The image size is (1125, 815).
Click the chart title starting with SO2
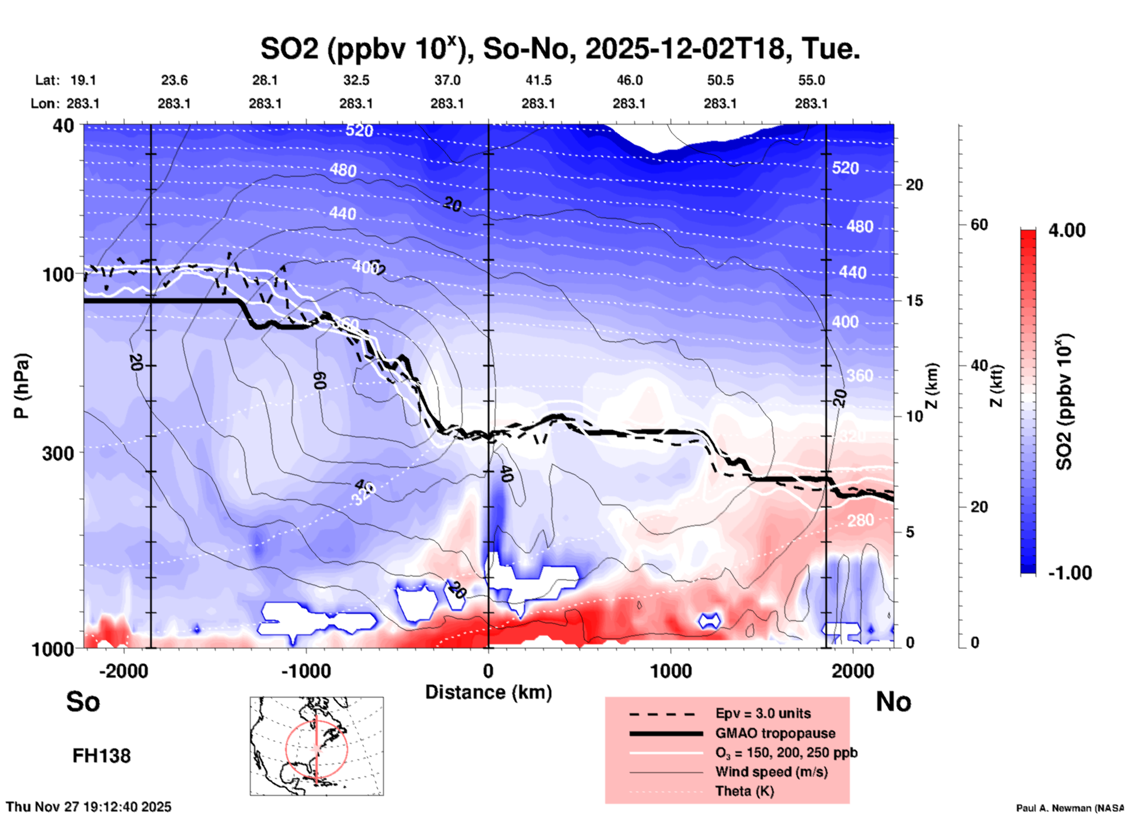click(560, 49)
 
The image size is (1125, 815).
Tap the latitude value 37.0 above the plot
click(447, 81)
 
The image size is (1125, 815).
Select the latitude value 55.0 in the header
click(811, 81)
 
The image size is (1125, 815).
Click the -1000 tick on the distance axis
click(305, 671)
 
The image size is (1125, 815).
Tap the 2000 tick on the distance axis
click(853, 671)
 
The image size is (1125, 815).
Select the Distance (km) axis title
click(488, 692)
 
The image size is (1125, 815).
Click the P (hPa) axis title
click(21, 386)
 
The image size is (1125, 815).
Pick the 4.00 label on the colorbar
click(1067, 230)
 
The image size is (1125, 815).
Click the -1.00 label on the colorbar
click(1070, 573)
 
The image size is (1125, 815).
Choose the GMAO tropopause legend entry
click(775, 733)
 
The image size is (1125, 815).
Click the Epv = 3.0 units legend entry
click(763, 714)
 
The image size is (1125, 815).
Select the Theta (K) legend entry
click(744, 791)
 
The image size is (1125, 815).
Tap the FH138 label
click(101, 756)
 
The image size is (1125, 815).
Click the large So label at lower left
click(83, 702)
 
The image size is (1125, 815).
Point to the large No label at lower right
click(893, 702)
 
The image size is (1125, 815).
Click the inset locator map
click(317, 746)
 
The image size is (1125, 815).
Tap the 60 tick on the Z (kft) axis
click(979, 225)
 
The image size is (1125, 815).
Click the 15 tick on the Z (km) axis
click(914, 301)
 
